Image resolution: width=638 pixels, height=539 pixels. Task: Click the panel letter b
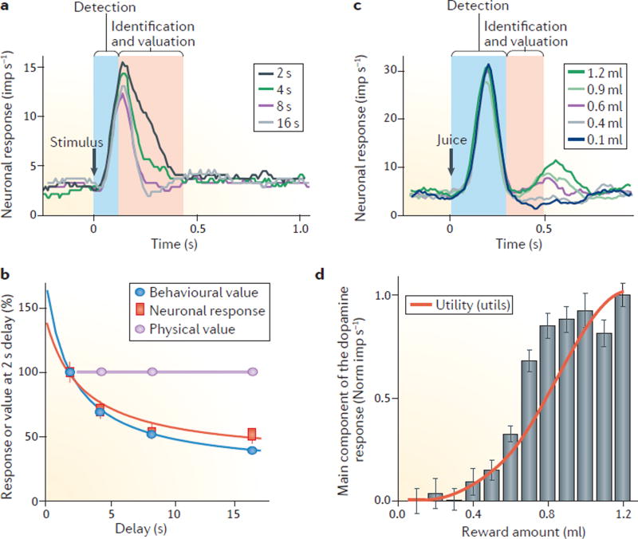(7, 276)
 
